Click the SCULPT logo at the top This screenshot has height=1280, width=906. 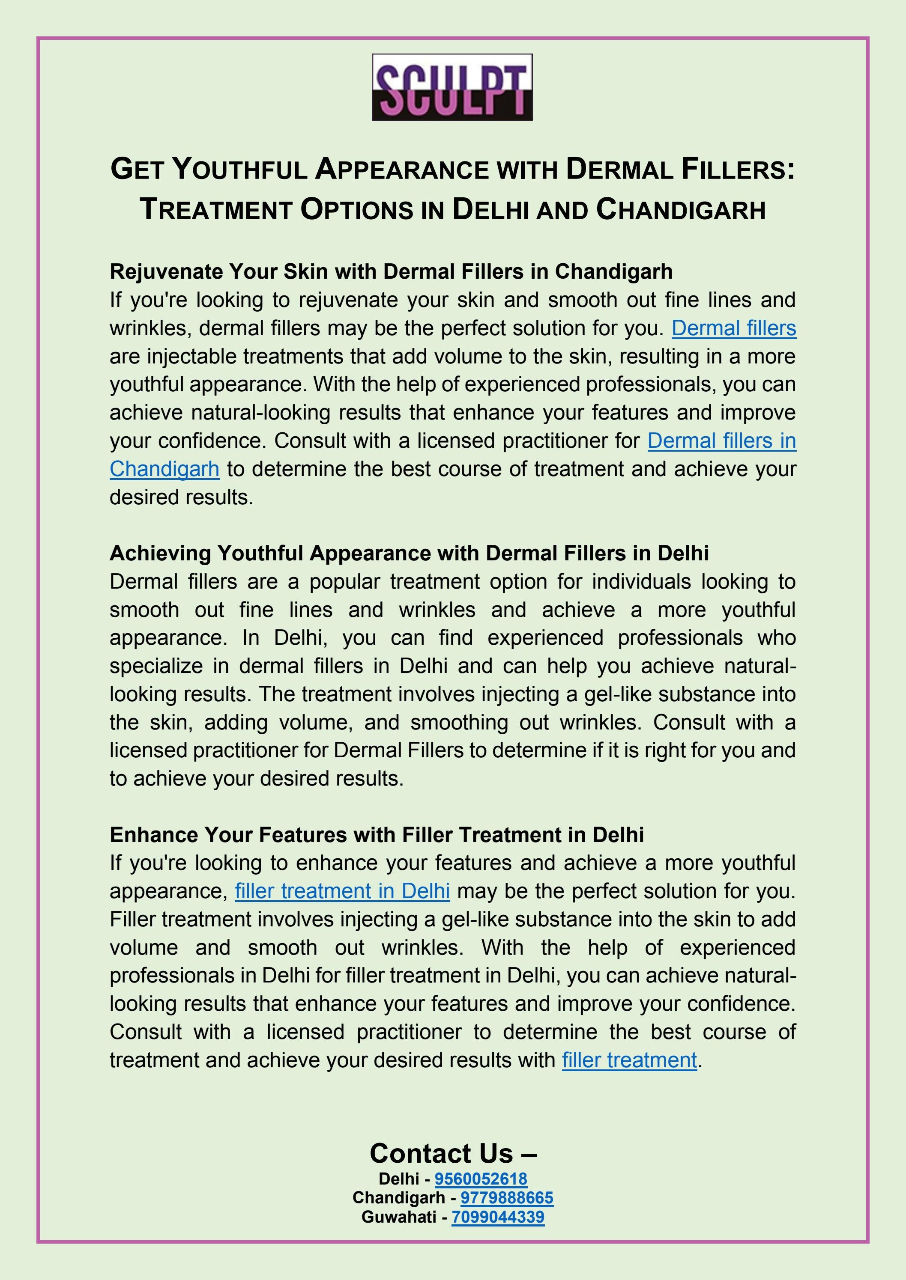tap(452, 87)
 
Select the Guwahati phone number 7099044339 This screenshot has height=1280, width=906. tap(498, 1217)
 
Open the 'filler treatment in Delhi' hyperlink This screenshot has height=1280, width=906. tap(342, 891)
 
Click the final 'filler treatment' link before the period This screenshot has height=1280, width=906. tap(629, 1060)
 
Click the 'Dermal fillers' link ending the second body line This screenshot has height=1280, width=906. tap(734, 328)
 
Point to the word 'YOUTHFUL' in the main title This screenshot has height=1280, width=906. tap(239, 170)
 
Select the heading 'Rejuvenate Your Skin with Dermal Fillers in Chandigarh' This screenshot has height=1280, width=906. tap(391, 271)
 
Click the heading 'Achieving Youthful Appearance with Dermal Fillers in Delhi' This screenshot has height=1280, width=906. tap(409, 553)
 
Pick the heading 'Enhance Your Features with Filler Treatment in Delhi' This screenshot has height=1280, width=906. tap(377, 834)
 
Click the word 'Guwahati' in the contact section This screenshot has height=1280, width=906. tap(398, 1217)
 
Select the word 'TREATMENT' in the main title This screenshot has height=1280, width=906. tap(216, 210)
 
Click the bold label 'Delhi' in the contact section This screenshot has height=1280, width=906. tap(398, 1179)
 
